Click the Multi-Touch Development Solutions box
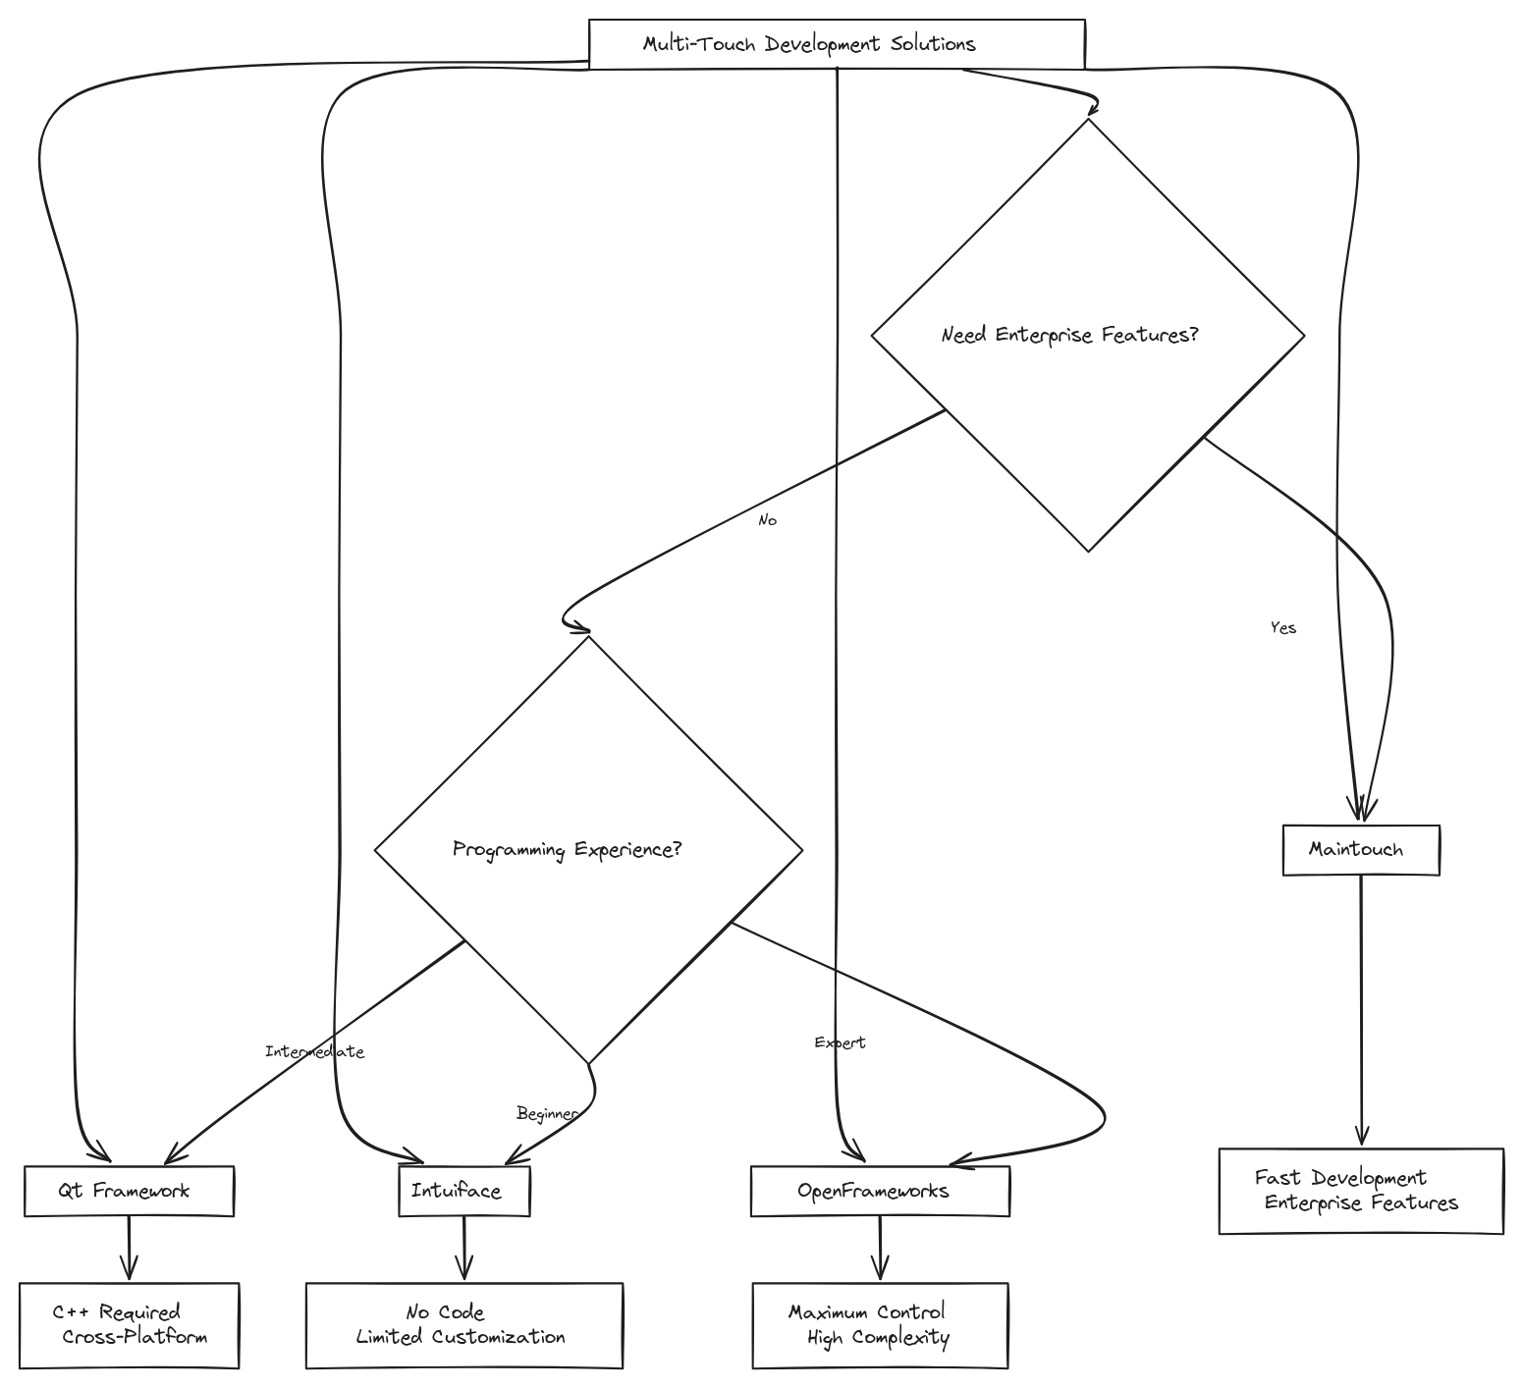point(837,44)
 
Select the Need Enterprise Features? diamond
point(1088,336)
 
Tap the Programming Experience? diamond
point(588,850)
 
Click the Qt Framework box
point(129,1191)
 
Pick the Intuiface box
point(463,1191)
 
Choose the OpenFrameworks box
point(880,1191)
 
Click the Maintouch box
point(1361,849)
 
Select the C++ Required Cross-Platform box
point(129,1325)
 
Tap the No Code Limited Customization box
point(463,1325)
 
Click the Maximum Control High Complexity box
point(880,1325)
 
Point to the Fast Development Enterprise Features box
point(1361,1191)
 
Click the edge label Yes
point(1283,628)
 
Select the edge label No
point(767,520)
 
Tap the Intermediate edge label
point(314,1051)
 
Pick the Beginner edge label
point(546,1113)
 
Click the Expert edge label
point(840,1042)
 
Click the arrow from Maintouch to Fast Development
point(1361,1011)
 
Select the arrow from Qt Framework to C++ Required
point(129,1249)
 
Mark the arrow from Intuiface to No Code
point(464,1249)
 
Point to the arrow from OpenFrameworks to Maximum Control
point(880,1249)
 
